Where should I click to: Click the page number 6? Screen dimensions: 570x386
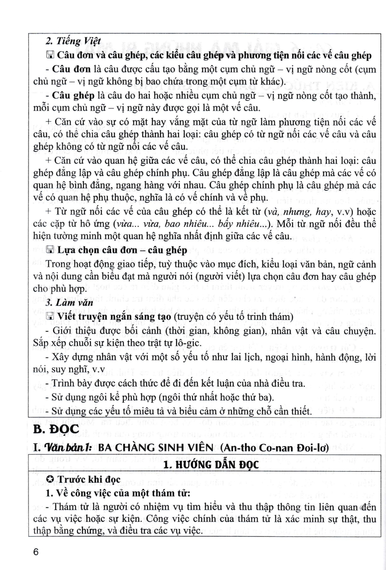tap(36, 552)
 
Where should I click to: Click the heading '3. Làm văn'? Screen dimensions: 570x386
tap(69, 303)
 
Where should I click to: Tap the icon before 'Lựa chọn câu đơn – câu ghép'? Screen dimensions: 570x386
tap(49, 250)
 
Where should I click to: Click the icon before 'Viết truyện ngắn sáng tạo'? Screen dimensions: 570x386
tap(49, 317)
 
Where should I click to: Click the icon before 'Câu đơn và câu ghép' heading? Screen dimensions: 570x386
tap(49, 55)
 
